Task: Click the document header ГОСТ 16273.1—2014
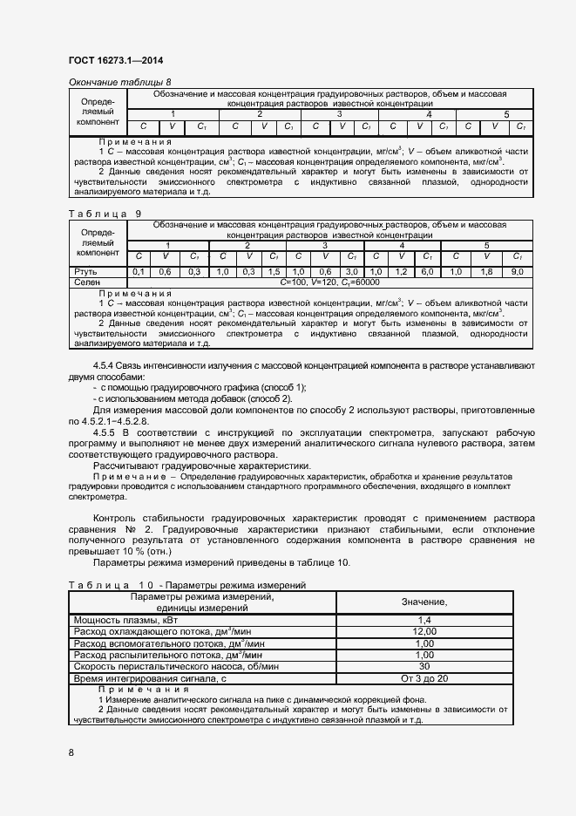115,60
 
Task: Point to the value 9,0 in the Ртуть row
517,272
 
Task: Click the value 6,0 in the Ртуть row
428,272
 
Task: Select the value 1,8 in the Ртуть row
485,272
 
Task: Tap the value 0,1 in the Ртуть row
138,272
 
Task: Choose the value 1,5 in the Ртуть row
274,272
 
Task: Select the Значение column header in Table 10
424,602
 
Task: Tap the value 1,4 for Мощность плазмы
424,619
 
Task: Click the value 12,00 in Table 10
424,630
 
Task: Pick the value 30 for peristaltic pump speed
424,666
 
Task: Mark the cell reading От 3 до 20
424,677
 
